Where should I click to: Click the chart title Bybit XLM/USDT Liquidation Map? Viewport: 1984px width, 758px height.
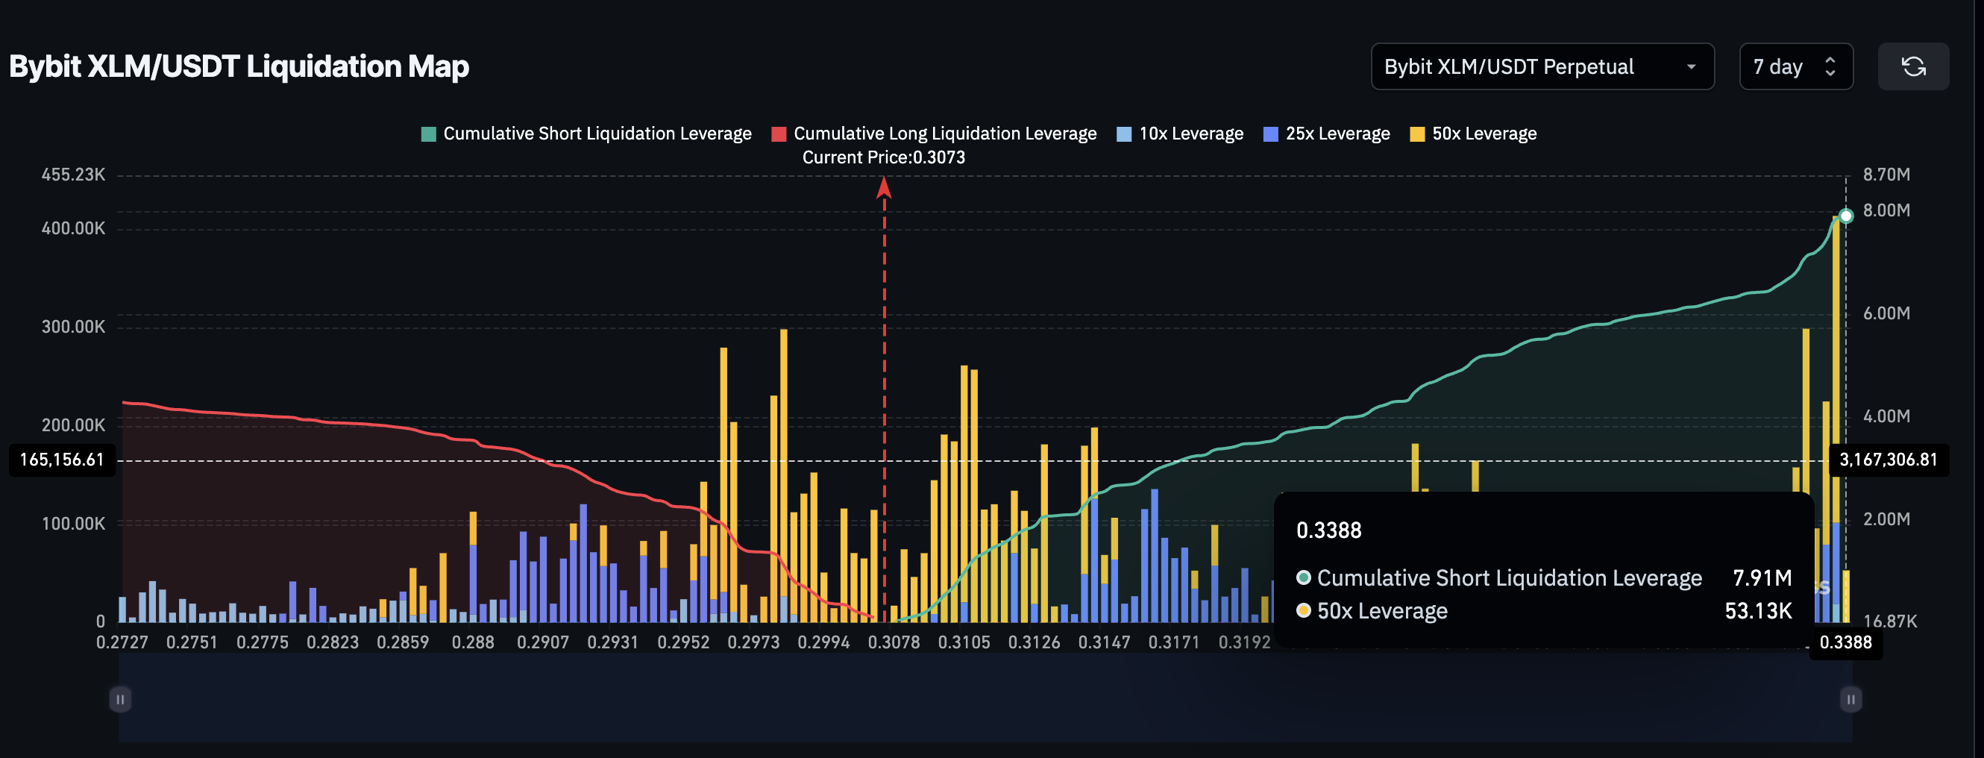coord(239,67)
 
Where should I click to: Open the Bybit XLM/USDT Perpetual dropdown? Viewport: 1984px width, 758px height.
coord(1541,67)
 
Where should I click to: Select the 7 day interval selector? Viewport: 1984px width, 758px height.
coord(1795,67)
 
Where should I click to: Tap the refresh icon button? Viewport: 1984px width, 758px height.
coord(1913,67)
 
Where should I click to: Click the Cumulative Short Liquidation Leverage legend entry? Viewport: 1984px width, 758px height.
coord(586,134)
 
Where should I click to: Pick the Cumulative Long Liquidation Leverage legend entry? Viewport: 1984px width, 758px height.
coord(935,134)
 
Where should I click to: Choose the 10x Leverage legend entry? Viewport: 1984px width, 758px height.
coord(1180,134)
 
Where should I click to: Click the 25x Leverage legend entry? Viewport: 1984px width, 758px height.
coord(1327,134)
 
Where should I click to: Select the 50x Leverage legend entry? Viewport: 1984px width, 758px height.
coord(1473,134)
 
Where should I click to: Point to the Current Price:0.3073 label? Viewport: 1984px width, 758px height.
coord(883,158)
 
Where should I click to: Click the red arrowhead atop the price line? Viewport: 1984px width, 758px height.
coord(884,187)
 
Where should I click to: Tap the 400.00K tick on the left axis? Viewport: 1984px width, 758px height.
coord(73,229)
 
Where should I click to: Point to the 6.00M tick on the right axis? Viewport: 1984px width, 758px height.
coord(1886,313)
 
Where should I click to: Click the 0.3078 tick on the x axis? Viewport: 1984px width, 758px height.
coord(894,642)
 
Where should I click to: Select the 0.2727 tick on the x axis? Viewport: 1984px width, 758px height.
coord(122,642)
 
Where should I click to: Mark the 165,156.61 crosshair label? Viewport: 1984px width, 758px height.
coord(62,460)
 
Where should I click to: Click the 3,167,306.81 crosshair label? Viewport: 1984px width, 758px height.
coord(1888,460)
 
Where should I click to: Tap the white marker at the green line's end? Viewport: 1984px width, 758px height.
coord(1845,216)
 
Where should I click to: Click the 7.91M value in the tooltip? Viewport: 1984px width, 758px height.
coord(1762,577)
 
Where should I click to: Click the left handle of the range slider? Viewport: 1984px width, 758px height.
coord(120,700)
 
